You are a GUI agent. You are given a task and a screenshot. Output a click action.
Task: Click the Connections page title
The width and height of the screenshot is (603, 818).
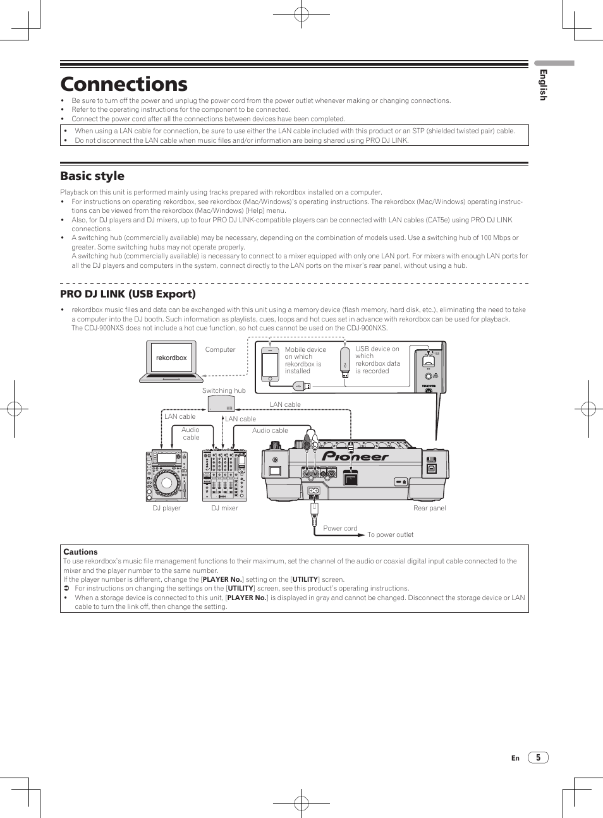pyautogui.click(x=124, y=84)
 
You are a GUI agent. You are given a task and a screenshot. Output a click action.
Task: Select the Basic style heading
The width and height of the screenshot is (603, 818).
pyautogui.click(x=92, y=176)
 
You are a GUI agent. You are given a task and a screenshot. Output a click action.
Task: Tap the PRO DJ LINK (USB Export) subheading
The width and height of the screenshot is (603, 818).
pyautogui.click(x=128, y=294)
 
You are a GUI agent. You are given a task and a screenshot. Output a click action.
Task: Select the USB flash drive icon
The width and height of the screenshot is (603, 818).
pyautogui.click(x=345, y=361)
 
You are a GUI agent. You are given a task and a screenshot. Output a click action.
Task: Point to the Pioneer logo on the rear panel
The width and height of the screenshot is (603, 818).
pyautogui.click(x=355, y=457)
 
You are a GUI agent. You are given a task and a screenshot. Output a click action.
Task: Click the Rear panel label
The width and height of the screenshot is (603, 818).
pyautogui.click(x=429, y=508)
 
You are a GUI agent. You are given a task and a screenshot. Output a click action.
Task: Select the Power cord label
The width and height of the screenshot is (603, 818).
pyautogui.click(x=340, y=528)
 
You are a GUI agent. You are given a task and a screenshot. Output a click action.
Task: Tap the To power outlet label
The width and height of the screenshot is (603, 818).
pyautogui.click(x=390, y=534)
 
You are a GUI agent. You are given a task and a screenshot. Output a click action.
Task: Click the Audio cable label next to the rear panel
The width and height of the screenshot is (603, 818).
pyautogui.click(x=270, y=430)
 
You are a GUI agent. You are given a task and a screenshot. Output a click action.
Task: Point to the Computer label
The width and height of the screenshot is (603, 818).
pyautogui.click(x=220, y=349)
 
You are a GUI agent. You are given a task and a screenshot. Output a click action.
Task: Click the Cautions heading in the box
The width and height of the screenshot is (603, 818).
pyautogui.click(x=80, y=551)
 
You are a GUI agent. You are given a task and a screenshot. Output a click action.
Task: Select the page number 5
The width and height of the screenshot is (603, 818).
pyautogui.click(x=538, y=757)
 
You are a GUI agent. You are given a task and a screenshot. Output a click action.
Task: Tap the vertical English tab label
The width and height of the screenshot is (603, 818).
pyautogui.click(x=542, y=85)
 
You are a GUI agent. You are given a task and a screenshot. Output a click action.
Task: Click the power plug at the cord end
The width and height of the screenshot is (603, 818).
pyautogui.click(x=314, y=518)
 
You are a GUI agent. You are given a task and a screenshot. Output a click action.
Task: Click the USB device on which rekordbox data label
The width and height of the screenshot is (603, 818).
pyautogui.click(x=377, y=360)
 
